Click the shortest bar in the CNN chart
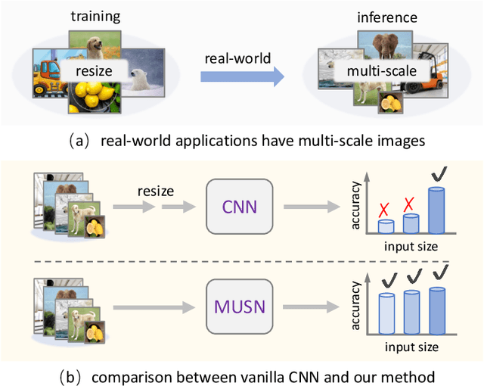click(386, 226)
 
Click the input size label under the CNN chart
click(411, 247)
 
